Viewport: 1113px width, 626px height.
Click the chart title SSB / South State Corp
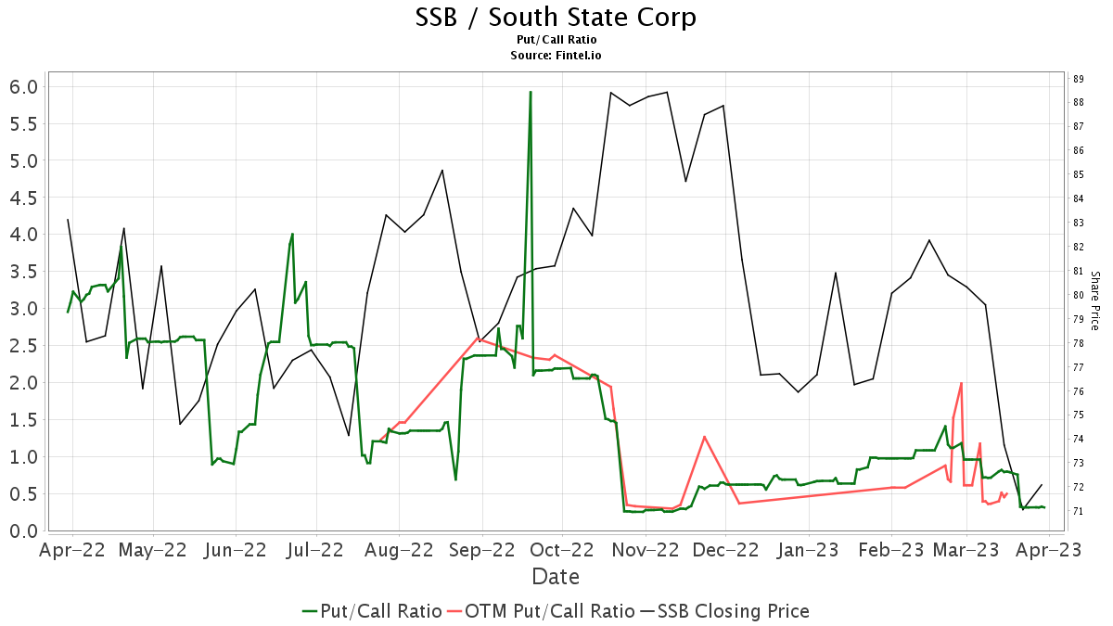(x=556, y=18)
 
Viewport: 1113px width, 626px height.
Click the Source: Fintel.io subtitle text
(x=556, y=56)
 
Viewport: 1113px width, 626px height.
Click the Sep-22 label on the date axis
(x=482, y=550)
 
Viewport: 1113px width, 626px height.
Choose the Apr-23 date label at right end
(x=1049, y=550)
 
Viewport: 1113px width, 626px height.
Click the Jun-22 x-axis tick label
(x=236, y=550)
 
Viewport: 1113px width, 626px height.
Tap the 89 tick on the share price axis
(x=1079, y=78)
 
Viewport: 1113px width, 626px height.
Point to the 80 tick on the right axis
(x=1079, y=295)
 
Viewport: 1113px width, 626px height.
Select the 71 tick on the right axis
(x=1079, y=511)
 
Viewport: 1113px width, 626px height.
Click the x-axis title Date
(x=556, y=577)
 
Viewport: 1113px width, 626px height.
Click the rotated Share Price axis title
(x=1094, y=300)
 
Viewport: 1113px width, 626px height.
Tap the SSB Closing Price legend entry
(x=724, y=611)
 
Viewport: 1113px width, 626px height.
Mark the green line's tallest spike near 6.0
(x=531, y=92)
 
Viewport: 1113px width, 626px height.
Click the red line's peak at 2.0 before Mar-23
(x=961, y=383)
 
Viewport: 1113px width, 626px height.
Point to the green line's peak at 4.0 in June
(x=292, y=234)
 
